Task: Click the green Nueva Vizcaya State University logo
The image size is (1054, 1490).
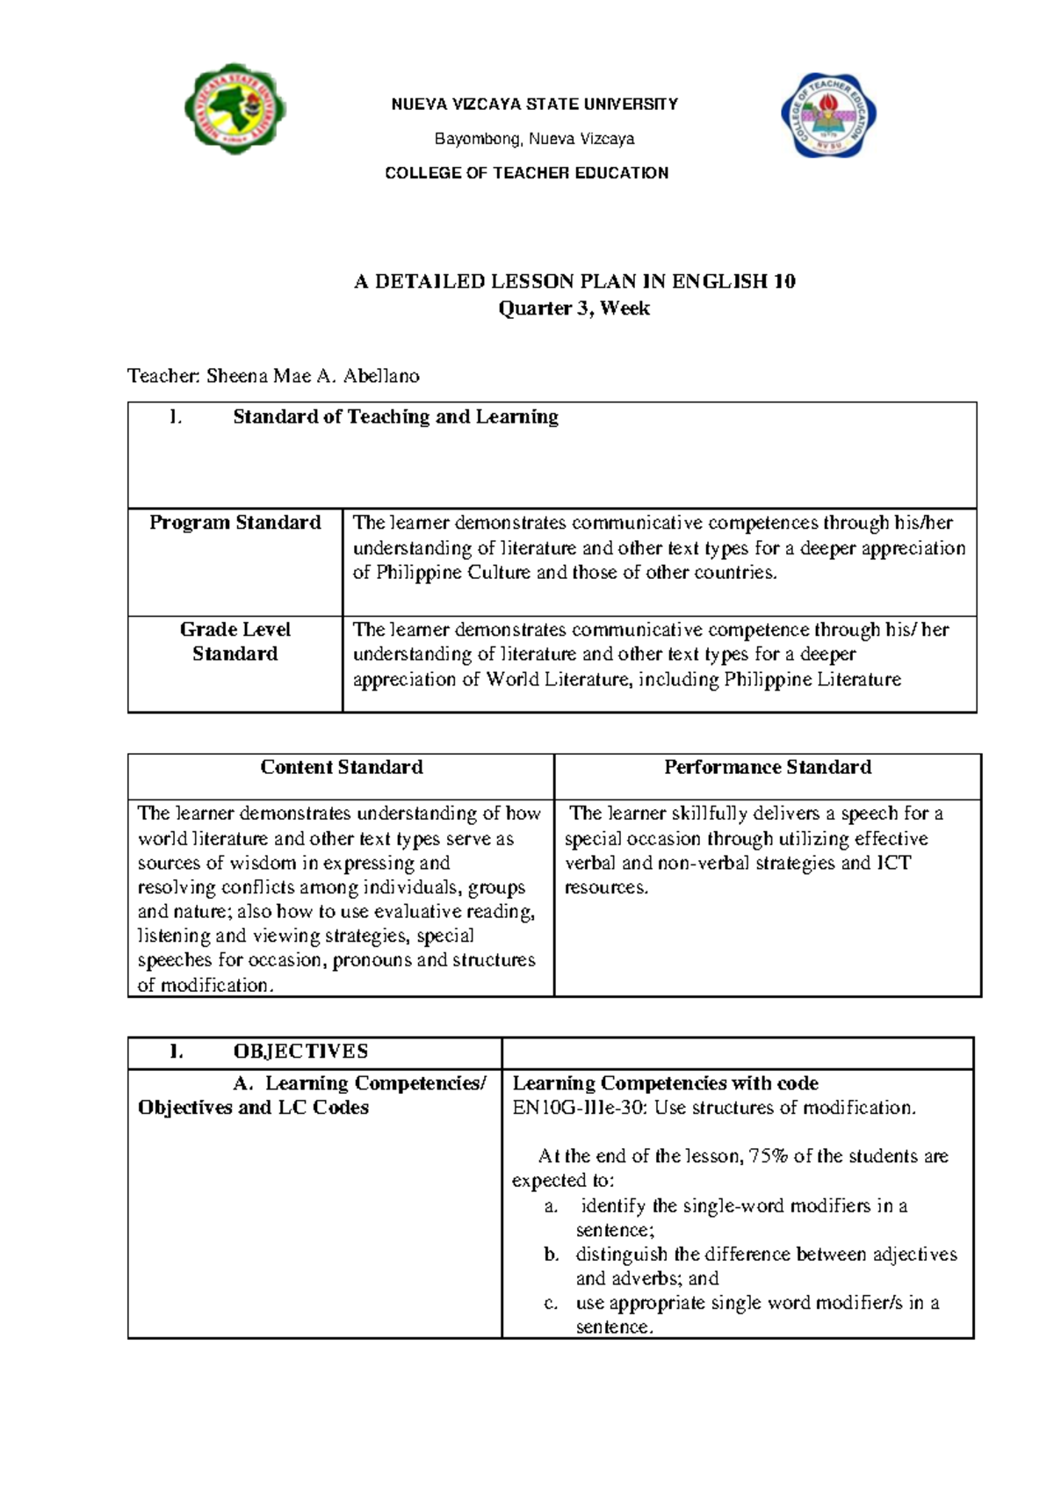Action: click(235, 109)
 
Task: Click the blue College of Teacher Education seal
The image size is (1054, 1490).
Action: click(829, 116)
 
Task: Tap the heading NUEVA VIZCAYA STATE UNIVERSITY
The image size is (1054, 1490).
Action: click(534, 105)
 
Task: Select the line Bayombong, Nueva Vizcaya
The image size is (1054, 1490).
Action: click(534, 139)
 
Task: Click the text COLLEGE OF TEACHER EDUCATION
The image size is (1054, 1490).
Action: click(526, 173)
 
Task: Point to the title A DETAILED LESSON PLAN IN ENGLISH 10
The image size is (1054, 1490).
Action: click(574, 282)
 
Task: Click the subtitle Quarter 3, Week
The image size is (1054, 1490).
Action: click(574, 308)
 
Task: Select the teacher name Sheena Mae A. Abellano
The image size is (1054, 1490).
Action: click(312, 376)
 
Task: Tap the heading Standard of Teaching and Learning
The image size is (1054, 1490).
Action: click(395, 417)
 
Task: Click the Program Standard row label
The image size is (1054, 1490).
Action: click(235, 523)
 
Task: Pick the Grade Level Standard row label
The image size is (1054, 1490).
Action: click(235, 641)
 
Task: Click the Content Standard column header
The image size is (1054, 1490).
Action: click(341, 767)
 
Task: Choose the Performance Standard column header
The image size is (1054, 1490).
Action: click(767, 767)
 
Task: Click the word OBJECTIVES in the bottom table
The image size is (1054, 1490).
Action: click(300, 1052)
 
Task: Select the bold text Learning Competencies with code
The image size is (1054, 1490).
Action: click(665, 1083)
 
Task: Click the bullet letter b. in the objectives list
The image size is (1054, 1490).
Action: click(551, 1255)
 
